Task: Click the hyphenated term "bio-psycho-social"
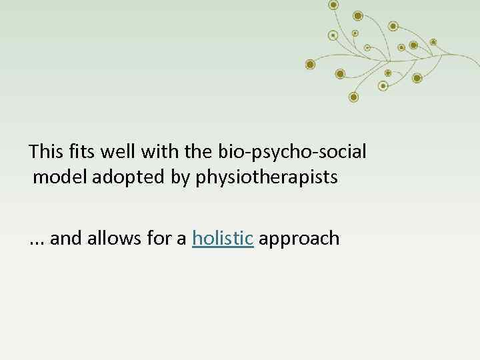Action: (x=292, y=152)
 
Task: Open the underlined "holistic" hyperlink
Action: (x=223, y=238)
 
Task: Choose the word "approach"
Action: (x=299, y=239)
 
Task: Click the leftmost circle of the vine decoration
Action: (x=310, y=65)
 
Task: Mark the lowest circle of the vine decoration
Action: (x=354, y=97)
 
